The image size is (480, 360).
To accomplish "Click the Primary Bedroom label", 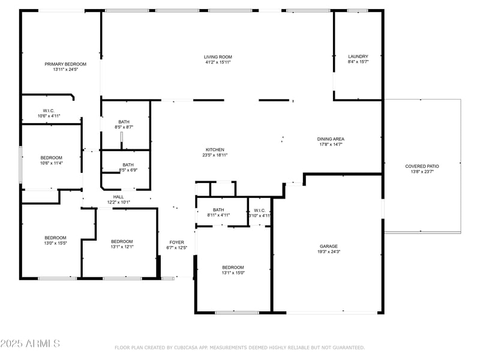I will (65, 64).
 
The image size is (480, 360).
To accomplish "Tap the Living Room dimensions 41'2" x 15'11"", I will (218, 62).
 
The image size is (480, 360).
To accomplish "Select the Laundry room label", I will (358, 56).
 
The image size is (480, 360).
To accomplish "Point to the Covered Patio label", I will (422, 166).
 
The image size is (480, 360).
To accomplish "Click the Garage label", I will (328, 246).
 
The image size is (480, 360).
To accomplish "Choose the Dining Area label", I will (331, 139).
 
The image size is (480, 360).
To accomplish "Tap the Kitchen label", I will (215, 149).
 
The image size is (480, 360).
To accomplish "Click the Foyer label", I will (176, 242).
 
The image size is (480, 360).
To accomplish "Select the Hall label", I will (118, 197).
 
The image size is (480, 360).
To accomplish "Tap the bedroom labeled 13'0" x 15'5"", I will (55, 238).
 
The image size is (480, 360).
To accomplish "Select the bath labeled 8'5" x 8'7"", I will (124, 122).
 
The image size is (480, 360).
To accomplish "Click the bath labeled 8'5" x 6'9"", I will (128, 165).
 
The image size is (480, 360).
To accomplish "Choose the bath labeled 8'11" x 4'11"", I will (218, 210).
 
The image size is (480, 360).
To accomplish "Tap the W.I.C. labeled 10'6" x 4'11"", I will (49, 110).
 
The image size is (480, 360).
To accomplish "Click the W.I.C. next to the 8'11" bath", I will (260, 210).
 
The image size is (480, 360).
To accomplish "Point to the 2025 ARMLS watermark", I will (30, 344).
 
